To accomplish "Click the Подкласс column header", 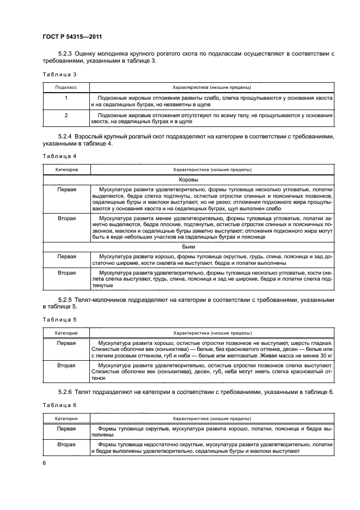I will pyautogui.click(x=66, y=87).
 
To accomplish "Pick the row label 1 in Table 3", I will pyautogui.click(x=66, y=98).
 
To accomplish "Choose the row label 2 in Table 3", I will pyautogui.click(x=66, y=116).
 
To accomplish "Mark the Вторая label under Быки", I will pyautogui.click(x=66, y=272).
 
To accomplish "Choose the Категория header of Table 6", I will pyautogui.click(x=66, y=418).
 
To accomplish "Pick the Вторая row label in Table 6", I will pyautogui.click(x=66, y=445).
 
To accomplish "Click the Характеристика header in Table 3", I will pyautogui.click(x=211, y=87).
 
